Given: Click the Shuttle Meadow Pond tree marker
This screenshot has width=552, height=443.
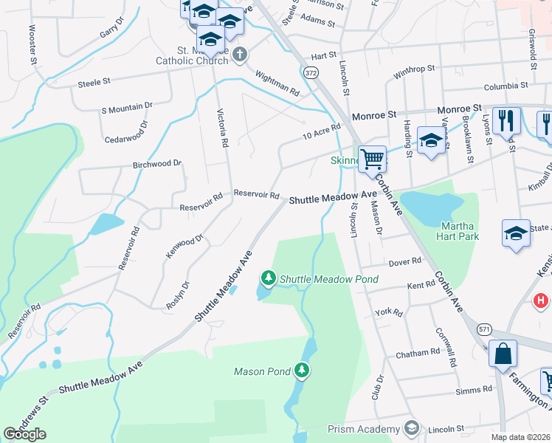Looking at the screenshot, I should (269, 278).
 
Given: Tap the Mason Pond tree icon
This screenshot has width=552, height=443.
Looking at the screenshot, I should (301, 369).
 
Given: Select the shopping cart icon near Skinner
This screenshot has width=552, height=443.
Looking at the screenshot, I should (372, 158).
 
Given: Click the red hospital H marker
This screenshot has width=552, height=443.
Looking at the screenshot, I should (541, 301).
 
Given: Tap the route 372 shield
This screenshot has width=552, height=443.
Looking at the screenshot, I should (311, 72).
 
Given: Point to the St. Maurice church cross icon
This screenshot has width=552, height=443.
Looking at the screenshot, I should (240, 55).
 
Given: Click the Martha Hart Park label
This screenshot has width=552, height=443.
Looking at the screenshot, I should (460, 231).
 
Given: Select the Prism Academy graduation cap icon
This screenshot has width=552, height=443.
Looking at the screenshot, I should (411, 428).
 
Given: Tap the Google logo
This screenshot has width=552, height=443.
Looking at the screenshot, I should (24, 434).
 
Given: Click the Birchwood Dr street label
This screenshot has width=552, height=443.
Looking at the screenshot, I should (157, 163).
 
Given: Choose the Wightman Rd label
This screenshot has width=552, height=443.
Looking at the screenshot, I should (277, 83).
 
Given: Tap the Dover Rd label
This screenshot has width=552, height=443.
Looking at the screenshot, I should (404, 262).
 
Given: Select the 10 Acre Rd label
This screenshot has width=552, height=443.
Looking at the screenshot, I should (321, 132).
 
